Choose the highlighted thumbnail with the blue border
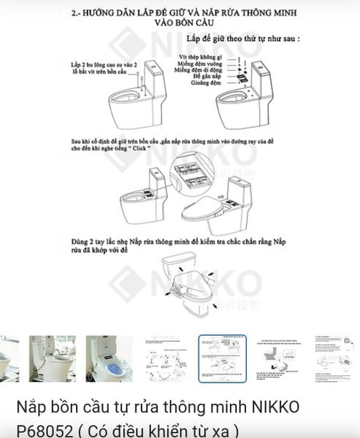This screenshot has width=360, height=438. (223, 358)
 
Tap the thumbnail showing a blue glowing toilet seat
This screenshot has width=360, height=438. (109, 358)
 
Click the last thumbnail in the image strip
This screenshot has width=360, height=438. (337, 358)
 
